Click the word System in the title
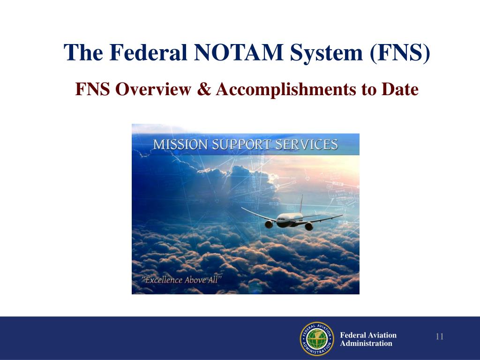(327, 52)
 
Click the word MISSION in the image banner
(179, 144)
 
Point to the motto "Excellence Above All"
(182, 280)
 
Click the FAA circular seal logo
(316, 339)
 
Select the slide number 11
(440, 337)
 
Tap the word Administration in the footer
(366, 344)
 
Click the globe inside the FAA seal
(316, 339)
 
